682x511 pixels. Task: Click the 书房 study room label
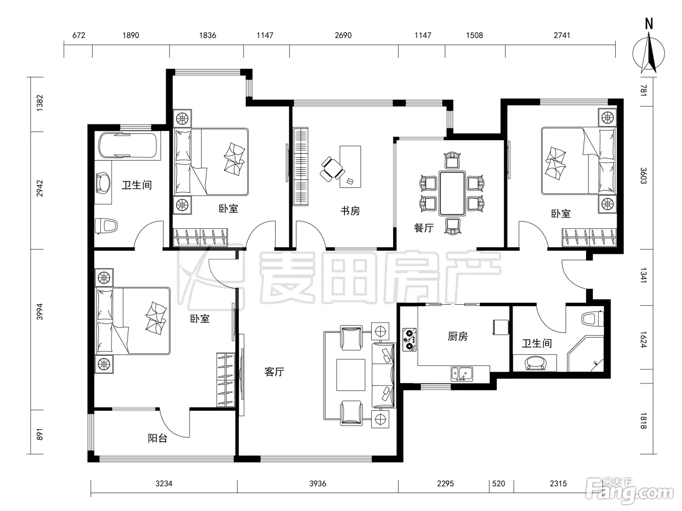click(350, 211)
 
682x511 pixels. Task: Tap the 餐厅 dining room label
click(424, 228)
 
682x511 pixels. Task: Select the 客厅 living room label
click(274, 372)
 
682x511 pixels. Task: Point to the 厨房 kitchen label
click(457, 336)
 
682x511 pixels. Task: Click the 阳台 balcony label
click(157, 438)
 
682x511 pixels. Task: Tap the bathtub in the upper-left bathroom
click(128, 146)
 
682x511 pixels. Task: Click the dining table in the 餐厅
click(452, 193)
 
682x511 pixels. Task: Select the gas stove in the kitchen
click(410, 339)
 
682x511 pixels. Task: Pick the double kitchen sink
click(462, 374)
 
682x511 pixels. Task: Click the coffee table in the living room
click(350, 375)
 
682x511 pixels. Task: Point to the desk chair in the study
click(332, 169)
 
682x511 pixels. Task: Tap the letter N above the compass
click(649, 24)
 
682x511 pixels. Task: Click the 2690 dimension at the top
click(343, 36)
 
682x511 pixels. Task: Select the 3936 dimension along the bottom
click(318, 484)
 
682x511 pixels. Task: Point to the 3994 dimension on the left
click(39, 312)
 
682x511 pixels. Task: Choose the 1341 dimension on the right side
click(644, 275)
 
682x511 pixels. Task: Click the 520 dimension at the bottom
click(499, 484)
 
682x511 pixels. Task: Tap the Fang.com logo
click(631, 492)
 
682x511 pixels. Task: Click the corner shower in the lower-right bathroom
click(586, 353)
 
